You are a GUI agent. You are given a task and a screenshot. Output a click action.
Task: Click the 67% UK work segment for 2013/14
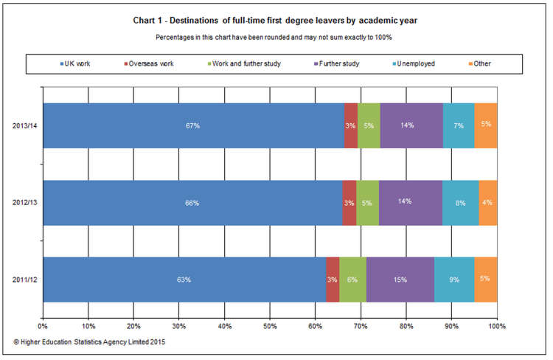pos(193,126)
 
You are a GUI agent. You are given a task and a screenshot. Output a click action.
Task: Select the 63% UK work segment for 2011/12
pos(184,280)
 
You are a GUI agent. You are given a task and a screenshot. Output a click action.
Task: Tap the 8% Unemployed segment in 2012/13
pos(460,203)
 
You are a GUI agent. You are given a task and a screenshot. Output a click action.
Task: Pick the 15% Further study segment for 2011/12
pos(400,280)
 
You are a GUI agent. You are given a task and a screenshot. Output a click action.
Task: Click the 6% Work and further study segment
pos(352,280)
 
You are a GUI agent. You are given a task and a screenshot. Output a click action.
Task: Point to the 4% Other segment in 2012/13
pos(487,203)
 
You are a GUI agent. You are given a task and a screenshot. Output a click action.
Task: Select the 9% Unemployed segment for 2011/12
pos(454,280)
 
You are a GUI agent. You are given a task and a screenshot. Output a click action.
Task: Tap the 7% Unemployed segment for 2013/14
pos(459,126)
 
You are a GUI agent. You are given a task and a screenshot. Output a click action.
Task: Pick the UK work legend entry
pos(77,63)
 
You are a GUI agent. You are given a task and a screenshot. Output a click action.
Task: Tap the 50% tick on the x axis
pos(270,325)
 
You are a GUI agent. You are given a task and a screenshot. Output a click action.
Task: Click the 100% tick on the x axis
pos(497,325)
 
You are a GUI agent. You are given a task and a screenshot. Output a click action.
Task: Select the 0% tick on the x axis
pos(43,325)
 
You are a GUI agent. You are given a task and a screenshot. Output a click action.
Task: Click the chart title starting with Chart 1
pos(276,21)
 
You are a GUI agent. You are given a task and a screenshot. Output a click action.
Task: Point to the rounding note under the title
pos(276,36)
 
